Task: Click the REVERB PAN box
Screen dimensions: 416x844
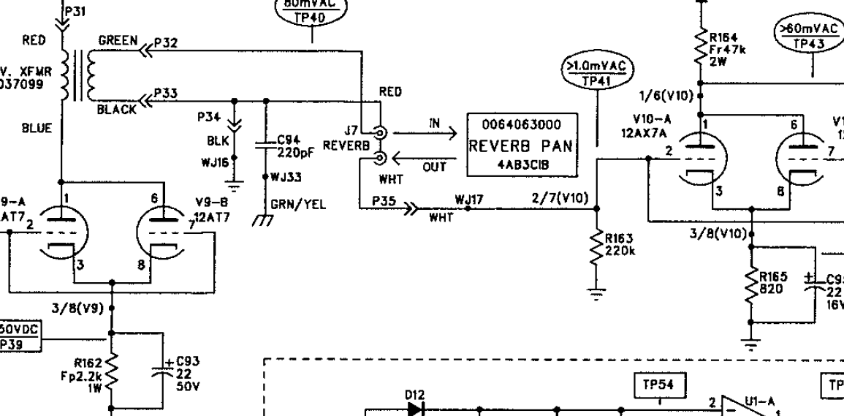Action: (520, 145)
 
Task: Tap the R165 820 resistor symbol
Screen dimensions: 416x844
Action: (751, 284)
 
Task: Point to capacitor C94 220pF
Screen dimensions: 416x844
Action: (265, 145)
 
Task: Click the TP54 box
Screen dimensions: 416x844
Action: (658, 385)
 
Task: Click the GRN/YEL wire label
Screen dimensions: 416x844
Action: (290, 205)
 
